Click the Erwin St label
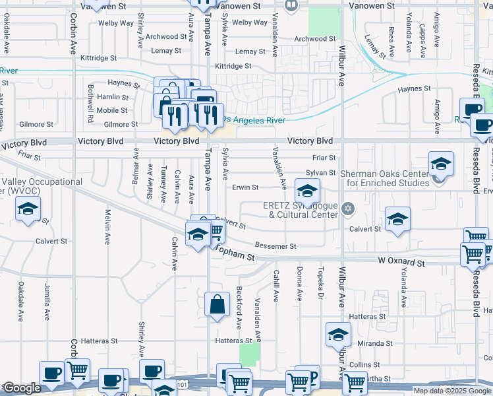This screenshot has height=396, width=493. (245, 187)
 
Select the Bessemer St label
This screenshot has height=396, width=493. (275, 246)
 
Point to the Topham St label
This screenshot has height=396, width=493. (233, 255)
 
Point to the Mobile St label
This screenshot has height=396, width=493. (112, 110)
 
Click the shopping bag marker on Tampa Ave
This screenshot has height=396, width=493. (217, 305)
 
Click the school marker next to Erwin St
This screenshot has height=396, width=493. (307, 192)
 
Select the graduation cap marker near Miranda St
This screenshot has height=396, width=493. (338, 335)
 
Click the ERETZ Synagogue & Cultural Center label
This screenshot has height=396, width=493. (300, 211)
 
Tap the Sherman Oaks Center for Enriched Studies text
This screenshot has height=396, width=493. (384, 178)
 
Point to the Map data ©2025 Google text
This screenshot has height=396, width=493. (451, 391)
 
